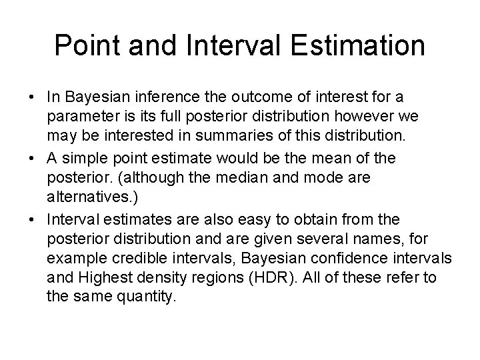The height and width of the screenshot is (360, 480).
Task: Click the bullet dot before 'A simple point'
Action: coord(32,159)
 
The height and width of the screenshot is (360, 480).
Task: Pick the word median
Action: coord(255,176)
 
